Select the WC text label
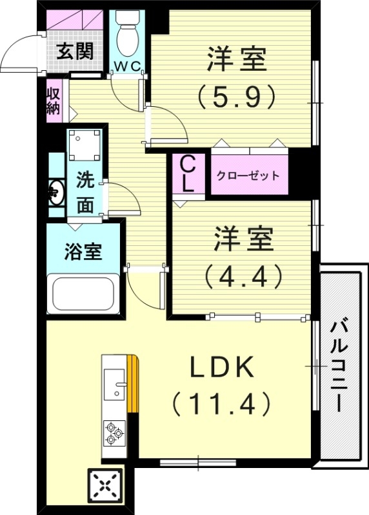tap(129, 66)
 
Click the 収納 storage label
tap(53, 101)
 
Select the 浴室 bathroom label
tap(83, 251)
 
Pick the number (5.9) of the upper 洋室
tap(236, 97)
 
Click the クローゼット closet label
tap(248, 175)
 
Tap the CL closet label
tap(187, 174)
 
